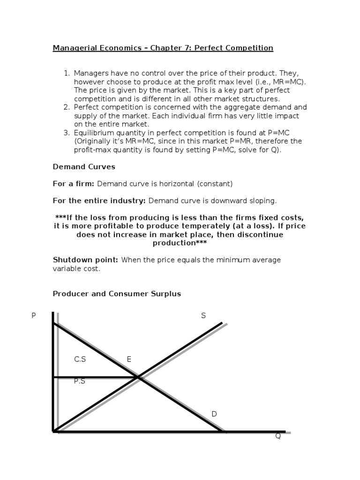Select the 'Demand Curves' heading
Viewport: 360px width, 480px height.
point(84,167)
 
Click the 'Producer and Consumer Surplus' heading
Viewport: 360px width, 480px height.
point(117,294)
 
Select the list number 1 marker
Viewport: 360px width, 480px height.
point(66,74)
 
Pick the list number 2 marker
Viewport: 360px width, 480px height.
point(66,107)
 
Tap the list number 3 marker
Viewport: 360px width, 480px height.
point(66,133)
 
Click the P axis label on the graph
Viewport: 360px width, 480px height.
point(33,316)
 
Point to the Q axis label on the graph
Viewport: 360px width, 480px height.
point(278,436)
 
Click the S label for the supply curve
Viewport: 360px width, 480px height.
point(203,316)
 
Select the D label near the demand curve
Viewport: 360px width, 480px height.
point(214,414)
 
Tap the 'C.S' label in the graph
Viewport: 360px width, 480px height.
point(80,360)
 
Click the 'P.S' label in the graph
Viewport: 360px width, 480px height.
point(80,382)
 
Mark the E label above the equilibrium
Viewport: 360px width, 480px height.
point(129,360)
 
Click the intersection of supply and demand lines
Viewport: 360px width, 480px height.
point(137,376)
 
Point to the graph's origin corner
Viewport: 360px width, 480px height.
point(53,431)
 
